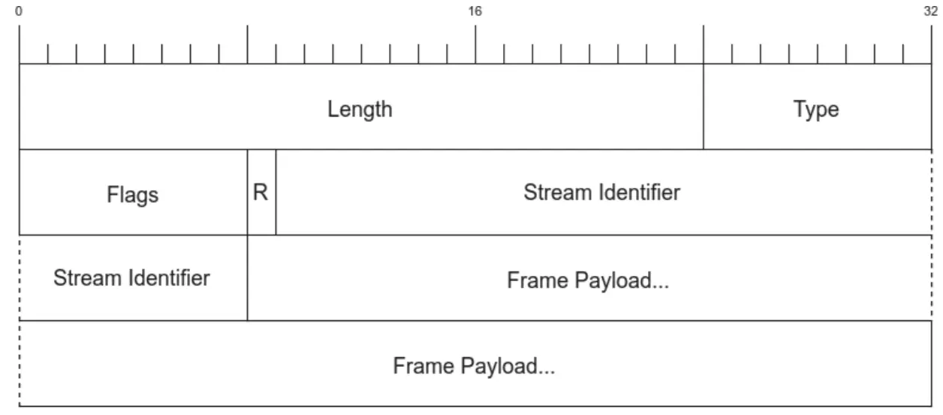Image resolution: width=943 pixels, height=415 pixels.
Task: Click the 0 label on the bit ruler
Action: pos(18,11)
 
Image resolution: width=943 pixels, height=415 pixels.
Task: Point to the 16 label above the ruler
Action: pos(475,11)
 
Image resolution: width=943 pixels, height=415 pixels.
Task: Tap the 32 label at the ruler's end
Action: pos(931,11)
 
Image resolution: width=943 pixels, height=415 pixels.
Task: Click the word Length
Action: pos(360,109)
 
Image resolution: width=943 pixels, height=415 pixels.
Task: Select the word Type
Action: pos(816,109)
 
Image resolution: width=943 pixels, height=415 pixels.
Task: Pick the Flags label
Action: pos(132,195)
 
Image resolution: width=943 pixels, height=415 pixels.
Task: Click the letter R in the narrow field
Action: pos(260,192)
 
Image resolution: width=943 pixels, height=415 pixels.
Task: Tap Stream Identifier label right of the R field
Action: pos(601,192)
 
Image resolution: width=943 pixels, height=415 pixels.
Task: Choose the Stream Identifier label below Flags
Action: pos(131,277)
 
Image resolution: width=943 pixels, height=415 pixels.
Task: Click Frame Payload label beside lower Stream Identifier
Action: pos(588,280)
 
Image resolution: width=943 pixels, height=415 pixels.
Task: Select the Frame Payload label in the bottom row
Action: pos(474,366)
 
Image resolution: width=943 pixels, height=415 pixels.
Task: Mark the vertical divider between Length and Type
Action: pos(703,106)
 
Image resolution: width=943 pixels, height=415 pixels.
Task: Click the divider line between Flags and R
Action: pos(247,192)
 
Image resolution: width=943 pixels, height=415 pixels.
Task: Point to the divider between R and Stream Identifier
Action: pos(276,192)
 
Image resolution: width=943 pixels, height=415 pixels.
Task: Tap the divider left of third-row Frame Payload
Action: pos(247,277)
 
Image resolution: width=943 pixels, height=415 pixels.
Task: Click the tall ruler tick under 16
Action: pos(475,44)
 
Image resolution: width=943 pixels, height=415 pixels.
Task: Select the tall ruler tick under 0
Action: pos(19,44)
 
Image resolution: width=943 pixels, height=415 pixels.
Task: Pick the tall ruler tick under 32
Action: pos(931,44)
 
